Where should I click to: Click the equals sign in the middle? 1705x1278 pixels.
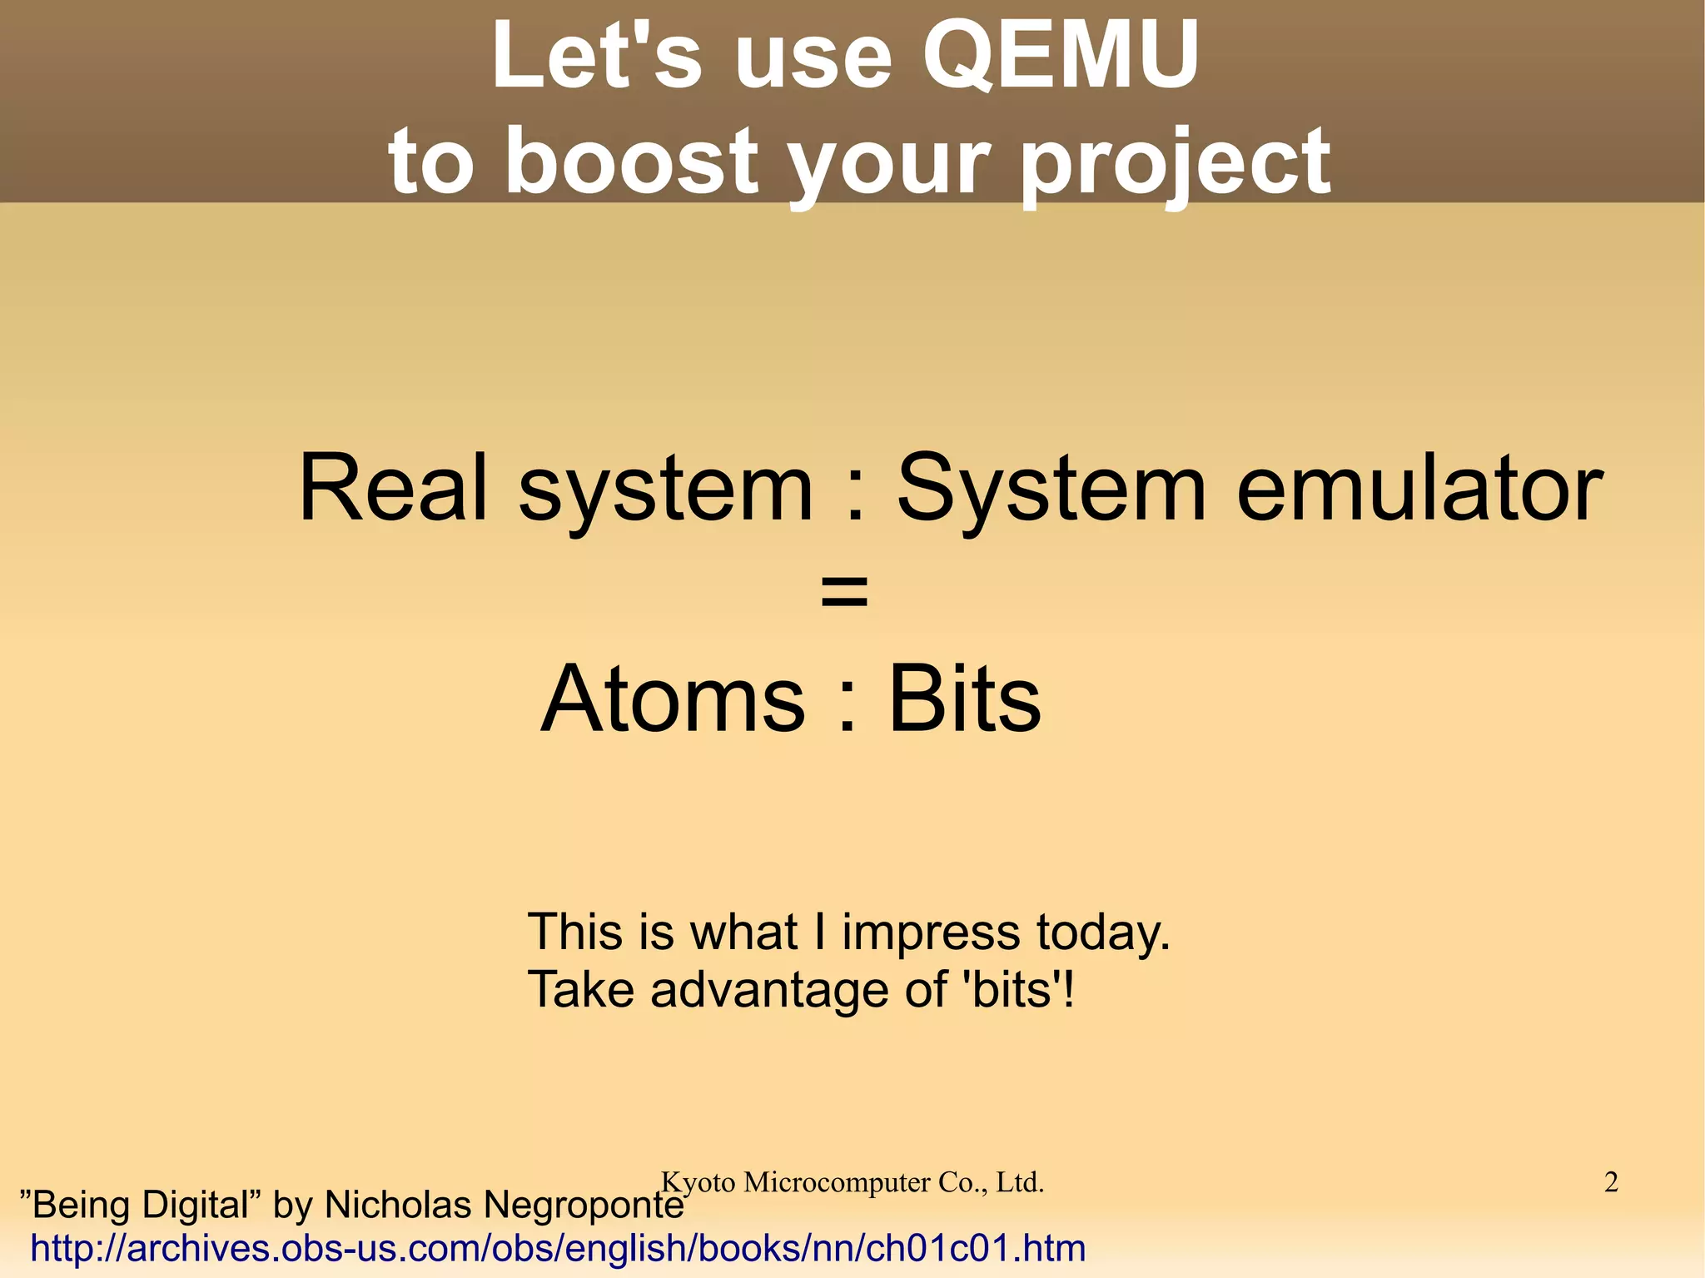(x=844, y=593)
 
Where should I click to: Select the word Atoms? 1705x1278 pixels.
(x=674, y=699)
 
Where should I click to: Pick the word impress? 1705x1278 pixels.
(x=930, y=933)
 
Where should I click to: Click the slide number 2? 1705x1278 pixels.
(x=1610, y=1182)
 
